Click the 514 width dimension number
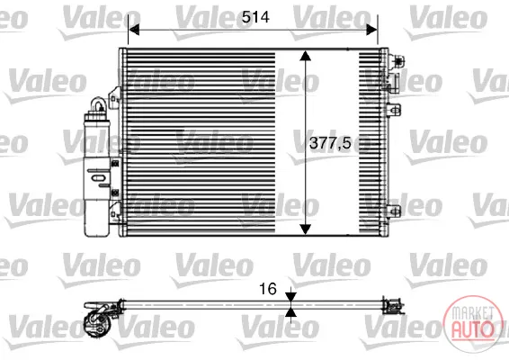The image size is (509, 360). [x=255, y=17]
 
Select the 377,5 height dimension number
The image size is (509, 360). [x=330, y=143]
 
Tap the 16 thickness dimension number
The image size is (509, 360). [x=268, y=289]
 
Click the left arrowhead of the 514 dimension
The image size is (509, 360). [x=134, y=30]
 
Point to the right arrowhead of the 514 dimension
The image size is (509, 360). [x=371, y=30]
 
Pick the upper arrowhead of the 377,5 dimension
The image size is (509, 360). [x=305, y=56]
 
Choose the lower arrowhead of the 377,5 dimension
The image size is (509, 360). [x=305, y=229]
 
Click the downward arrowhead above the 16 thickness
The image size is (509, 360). [x=290, y=296]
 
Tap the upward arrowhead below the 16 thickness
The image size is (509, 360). [x=290, y=312]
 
